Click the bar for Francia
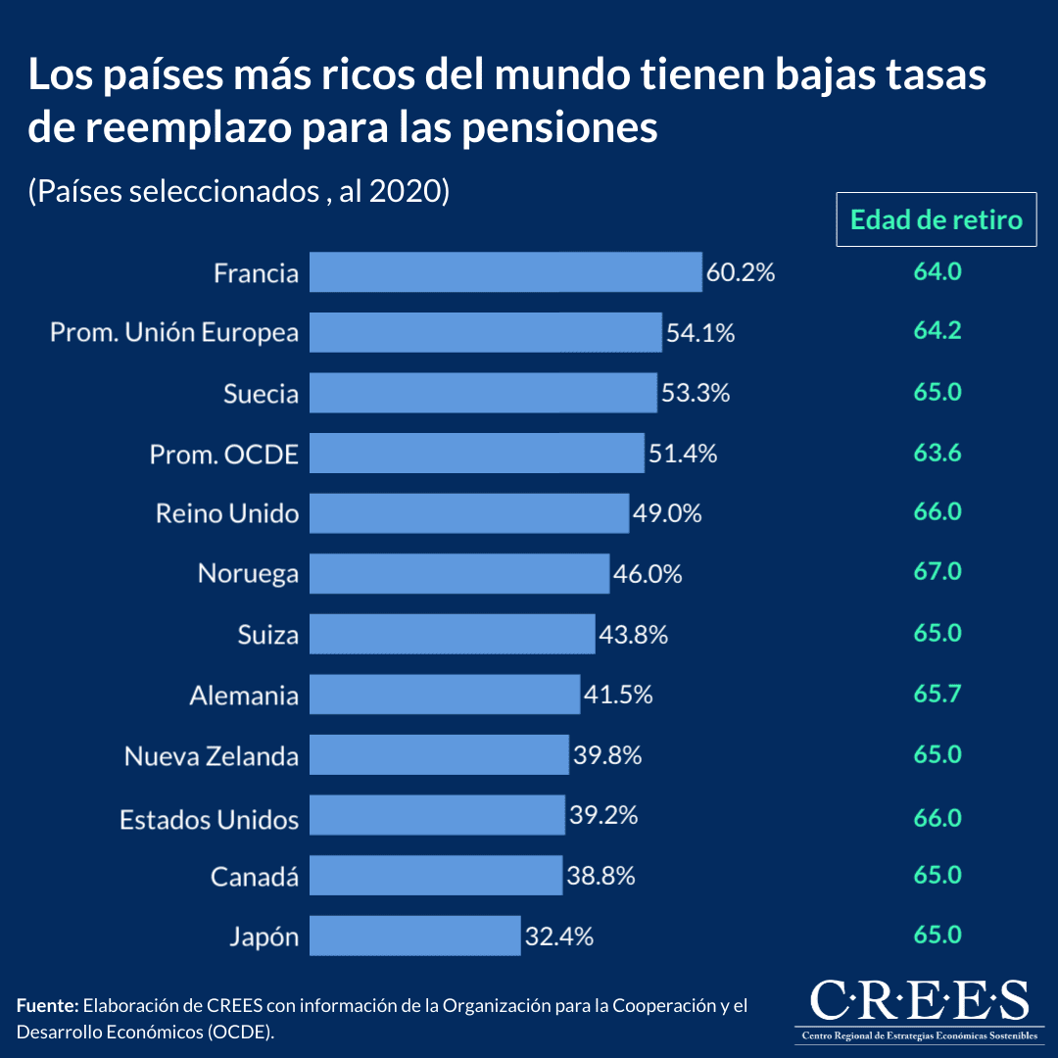[x=505, y=271]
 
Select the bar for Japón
[x=414, y=936]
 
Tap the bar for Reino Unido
[x=469, y=513]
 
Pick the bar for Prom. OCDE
[x=477, y=453]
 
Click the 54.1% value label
[x=700, y=333]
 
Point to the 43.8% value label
[x=633, y=634]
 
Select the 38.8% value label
[x=601, y=876]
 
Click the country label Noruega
[x=248, y=573]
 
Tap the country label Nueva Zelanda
[x=211, y=756]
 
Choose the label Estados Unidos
[x=209, y=818]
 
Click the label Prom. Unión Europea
[x=174, y=333]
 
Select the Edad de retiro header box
[x=936, y=219]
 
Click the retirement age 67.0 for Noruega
[x=938, y=572]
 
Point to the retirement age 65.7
[x=938, y=695]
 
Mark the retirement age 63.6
[x=938, y=453]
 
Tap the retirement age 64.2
[x=938, y=330]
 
